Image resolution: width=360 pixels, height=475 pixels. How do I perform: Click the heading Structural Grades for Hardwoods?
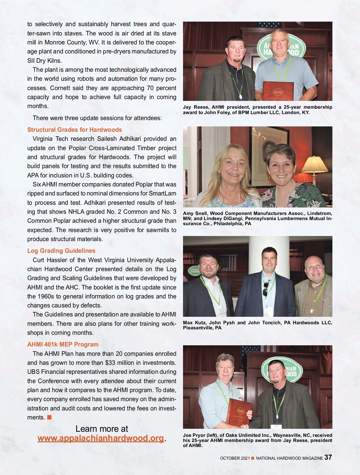tap(74, 130)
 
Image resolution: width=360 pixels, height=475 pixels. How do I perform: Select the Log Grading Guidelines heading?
tap(61, 251)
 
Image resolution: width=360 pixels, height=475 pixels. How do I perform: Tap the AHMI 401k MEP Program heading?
tap(63, 344)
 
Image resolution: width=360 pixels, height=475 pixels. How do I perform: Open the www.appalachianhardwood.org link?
tap(100, 438)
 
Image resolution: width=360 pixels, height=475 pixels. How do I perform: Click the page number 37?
tap(328, 457)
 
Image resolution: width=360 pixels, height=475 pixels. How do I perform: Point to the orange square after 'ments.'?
tap(49, 417)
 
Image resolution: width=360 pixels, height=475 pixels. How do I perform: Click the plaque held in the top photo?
tap(278, 91)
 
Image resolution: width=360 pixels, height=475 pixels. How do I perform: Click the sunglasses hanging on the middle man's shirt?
tap(265, 289)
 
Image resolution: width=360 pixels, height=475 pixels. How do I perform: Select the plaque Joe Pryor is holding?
tap(239, 412)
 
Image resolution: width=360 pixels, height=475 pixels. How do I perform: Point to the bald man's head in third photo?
tap(315, 267)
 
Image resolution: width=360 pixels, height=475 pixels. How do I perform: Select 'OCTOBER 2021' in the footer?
tap(235, 458)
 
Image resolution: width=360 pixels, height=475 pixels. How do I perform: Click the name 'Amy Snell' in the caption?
tap(195, 213)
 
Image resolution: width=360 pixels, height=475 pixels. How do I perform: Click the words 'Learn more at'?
tap(102, 428)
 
